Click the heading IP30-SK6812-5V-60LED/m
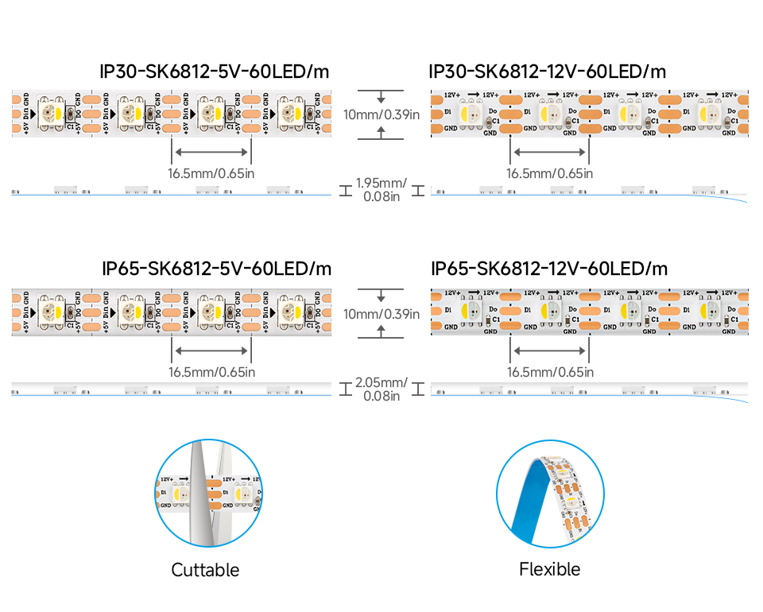click(x=215, y=72)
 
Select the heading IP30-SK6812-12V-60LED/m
click(x=548, y=72)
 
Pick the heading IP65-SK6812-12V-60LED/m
click(x=549, y=268)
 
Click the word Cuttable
click(x=205, y=570)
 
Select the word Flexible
click(x=549, y=569)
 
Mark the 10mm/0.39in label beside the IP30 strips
click(x=381, y=114)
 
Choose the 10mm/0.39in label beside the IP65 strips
click(x=381, y=313)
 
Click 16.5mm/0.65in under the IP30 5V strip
click(x=211, y=172)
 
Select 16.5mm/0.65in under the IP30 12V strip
click(x=550, y=172)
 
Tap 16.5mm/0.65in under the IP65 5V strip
click(x=211, y=371)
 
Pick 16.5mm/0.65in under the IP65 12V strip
click(x=550, y=371)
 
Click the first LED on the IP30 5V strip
click(x=54, y=113)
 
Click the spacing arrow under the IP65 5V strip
click(x=211, y=351)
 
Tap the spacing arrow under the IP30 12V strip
click(x=549, y=152)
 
